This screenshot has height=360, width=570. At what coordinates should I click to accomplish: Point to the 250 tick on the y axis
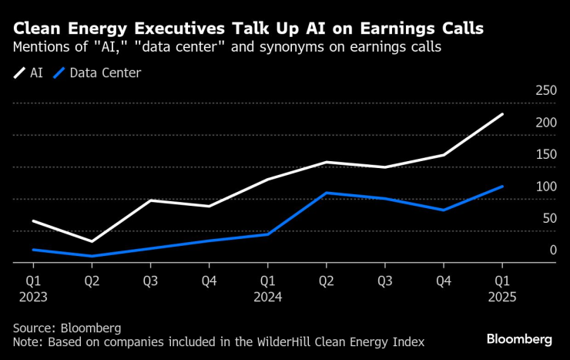click(x=545, y=91)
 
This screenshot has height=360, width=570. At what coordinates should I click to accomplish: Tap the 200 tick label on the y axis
click(x=545, y=123)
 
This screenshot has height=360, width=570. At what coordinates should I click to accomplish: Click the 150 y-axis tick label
click(x=545, y=155)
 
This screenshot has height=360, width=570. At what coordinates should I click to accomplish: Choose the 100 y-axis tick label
click(x=545, y=187)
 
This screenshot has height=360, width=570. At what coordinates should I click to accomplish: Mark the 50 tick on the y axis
click(x=548, y=219)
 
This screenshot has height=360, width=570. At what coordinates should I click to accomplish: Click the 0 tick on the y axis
click(x=552, y=251)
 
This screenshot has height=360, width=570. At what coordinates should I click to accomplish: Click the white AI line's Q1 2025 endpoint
click(x=502, y=115)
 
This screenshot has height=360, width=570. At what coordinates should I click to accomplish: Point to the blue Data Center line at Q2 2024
click(x=326, y=193)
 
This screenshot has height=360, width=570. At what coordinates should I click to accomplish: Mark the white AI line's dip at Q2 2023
click(x=92, y=241)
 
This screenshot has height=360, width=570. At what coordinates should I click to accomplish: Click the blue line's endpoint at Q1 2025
click(x=502, y=187)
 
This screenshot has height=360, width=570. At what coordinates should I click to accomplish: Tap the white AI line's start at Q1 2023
click(x=33, y=221)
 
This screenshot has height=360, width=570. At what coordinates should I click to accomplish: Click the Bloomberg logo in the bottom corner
click(x=519, y=339)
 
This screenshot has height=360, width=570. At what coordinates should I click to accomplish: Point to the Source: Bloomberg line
click(x=67, y=327)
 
